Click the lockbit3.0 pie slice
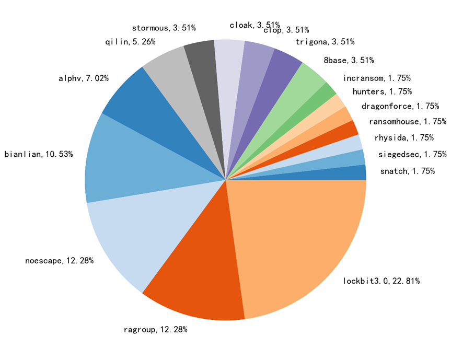pyautogui.click(x=298, y=240)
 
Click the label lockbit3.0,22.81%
pyautogui.click(x=381, y=281)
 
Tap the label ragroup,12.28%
pyautogui.click(x=155, y=330)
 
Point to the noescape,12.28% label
pyautogui.click(x=59, y=260)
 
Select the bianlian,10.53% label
pyautogui.click(x=38, y=154)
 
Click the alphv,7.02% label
pyautogui.click(x=84, y=79)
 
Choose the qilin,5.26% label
pyautogui.click(x=130, y=42)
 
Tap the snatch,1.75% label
pyautogui.click(x=407, y=171)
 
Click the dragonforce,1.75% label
pyautogui.click(x=400, y=107)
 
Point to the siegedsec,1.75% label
pyautogui.click(x=412, y=154)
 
